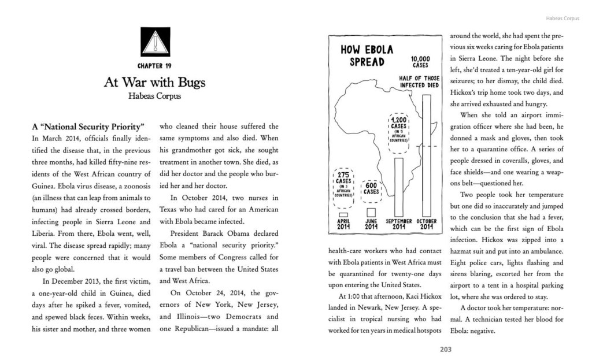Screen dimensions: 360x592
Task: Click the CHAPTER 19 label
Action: (x=154, y=66)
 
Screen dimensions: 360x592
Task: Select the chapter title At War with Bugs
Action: (x=154, y=82)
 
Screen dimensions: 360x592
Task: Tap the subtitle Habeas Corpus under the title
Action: (x=154, y=96)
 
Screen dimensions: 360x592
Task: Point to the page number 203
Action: (x=445, y=349)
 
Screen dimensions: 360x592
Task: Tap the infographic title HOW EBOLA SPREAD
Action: (x=367, y=56)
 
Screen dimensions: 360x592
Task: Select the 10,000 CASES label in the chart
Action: (x=420, y=62)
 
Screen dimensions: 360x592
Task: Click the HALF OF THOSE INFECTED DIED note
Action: (x=419, y=81)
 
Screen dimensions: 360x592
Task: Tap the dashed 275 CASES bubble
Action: (x=343, y=184)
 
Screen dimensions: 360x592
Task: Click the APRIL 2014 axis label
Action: (x=343, y=224)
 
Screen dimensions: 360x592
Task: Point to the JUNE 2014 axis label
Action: (x=371, y=224)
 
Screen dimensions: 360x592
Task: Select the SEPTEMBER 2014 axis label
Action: (x=399, y=224)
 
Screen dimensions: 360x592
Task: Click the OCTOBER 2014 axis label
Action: (x=426, y=224)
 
